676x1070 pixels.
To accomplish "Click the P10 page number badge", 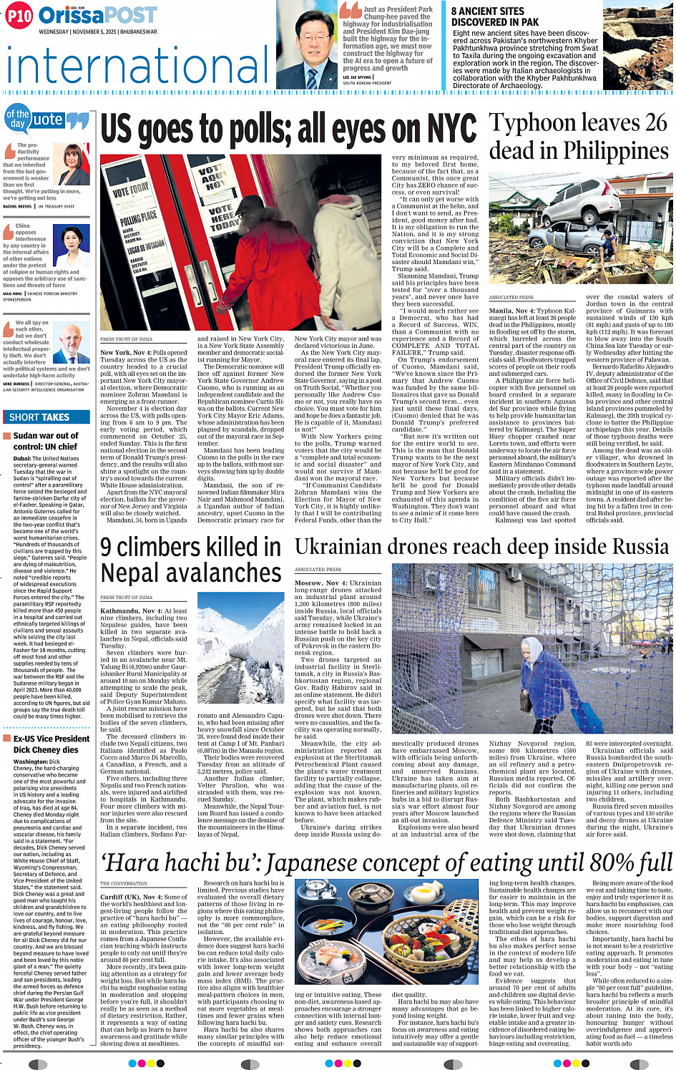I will [19, 16].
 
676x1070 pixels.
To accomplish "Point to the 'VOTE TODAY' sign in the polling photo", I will [131, 191].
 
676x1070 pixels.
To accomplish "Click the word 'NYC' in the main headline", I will [451, 130].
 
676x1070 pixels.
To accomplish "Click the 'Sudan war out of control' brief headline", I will [45, 441].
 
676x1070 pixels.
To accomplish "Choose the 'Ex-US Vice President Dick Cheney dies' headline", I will [51, 744].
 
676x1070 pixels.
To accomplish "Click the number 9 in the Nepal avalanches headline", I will [106, 548].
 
